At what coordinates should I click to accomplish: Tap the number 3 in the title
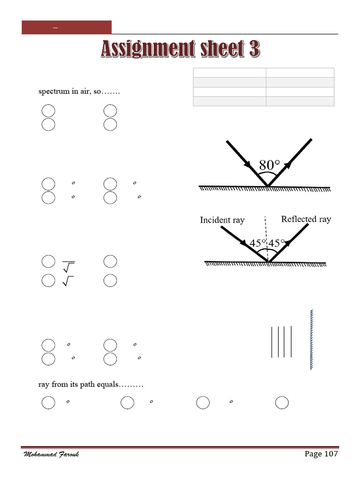point(254,50)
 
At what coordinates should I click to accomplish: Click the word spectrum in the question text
point(53,91)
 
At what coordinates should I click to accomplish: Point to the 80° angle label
point(269,165)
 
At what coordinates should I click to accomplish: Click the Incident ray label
point(222,220)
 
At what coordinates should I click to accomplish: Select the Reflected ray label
point(306,219)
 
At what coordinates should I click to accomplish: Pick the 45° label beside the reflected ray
point(276,243)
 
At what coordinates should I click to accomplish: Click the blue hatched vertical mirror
point(311,339)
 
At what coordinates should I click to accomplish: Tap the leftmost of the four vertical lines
point(272,341)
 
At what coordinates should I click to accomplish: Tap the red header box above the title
point(67,27)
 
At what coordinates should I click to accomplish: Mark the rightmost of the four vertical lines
point(292,341)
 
